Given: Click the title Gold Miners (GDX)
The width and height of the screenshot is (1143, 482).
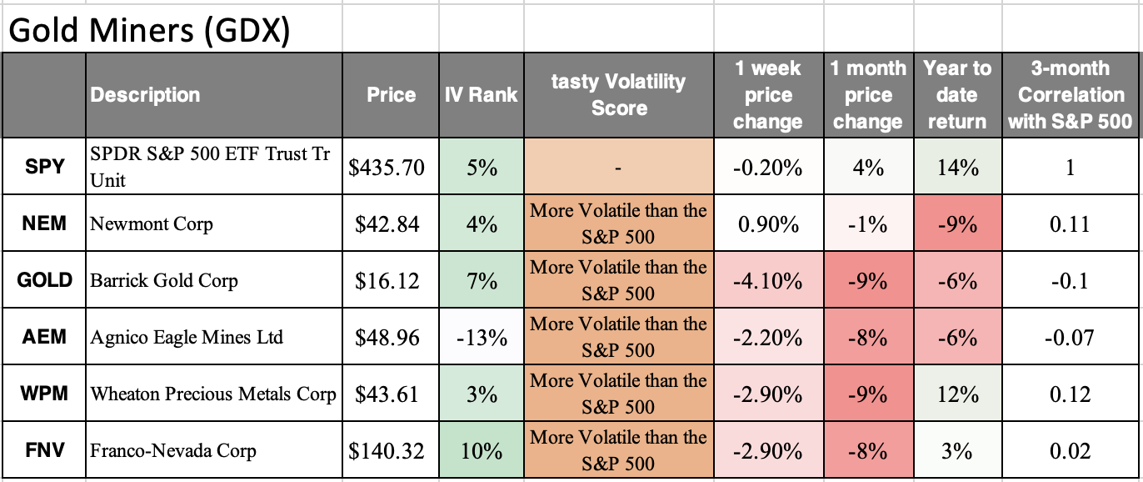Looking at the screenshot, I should click(x=151, y=30).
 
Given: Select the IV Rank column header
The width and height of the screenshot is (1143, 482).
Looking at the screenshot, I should click(x=481, y=95).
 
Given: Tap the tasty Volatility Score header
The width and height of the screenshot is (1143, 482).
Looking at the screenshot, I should click(x=618, y=95).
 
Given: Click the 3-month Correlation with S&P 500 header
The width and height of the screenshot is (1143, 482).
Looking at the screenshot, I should click(x=1071, y=95).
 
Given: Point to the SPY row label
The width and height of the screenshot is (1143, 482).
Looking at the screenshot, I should click(x=44, y=167).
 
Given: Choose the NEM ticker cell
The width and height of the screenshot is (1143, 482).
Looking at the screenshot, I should click(x=44, y=223).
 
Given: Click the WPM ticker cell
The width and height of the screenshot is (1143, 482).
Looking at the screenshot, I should click(x=44, y=394).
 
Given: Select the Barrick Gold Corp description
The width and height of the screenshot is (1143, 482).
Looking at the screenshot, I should click(x=164, y=280).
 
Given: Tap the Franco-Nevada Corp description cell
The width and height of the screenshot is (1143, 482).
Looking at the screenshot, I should click(x=173, y=451).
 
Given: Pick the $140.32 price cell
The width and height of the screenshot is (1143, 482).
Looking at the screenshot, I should click(x=387, y=451).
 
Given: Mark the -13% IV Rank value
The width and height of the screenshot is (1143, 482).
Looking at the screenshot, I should click(x=481, y=338).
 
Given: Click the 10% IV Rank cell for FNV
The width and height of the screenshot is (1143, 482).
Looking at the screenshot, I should click(x=481, y=451).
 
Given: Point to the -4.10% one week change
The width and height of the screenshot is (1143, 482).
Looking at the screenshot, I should click(x=767, y=281).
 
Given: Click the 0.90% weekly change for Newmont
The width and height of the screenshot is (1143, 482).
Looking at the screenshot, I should click(x=767, y=224).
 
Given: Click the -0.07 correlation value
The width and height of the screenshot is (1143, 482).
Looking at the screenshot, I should click(x=1071, y=338).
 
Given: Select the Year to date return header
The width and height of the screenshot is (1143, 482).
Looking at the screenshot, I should click(x=957, y=95).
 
